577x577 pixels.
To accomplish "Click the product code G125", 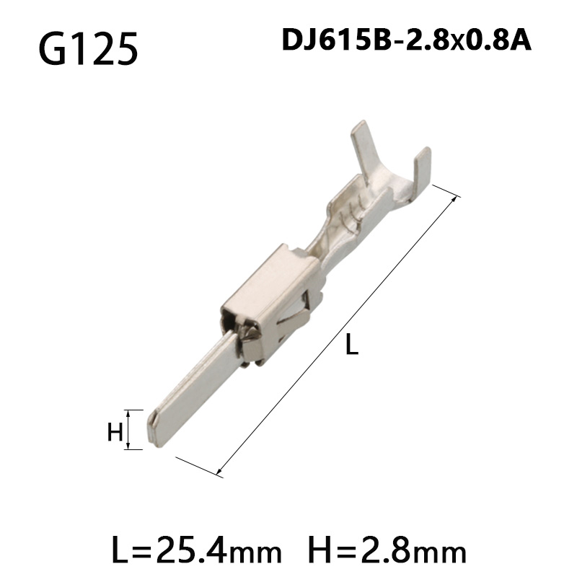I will point(87,48).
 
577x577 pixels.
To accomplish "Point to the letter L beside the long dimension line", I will point(351,346).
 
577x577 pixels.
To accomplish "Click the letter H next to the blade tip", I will point(114,432).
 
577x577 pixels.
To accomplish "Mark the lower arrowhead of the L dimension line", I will point(221,472).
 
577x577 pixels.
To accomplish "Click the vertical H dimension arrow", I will point(129,430).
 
